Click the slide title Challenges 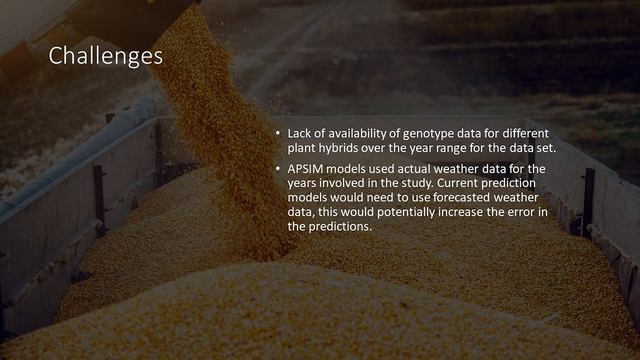tap(105, 56)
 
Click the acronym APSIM tap(305, 169)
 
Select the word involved tap(347, 184)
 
